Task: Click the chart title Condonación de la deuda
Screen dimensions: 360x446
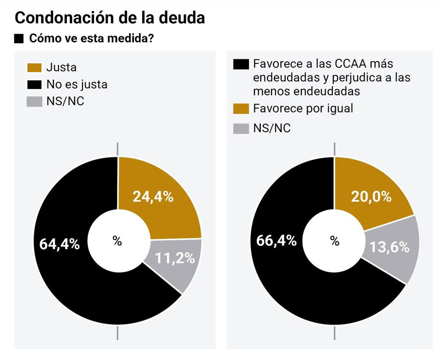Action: pyautogui.click(x=110, y=18)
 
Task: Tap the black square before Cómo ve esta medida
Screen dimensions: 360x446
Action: pyautogui.click(x=19, y=39)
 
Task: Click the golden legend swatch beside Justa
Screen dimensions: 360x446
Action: pyautogui.click(x=34, y=67)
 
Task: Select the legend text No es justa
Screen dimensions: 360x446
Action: pyautogui.click(x=77, y=84)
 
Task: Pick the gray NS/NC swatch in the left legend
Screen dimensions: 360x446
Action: pyautogui.click(x=34, y=102)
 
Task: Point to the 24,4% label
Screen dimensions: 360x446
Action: pyautogui.click(x=153, y=197)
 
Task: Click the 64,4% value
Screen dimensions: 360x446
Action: pyautogui.click(x=59, y=244)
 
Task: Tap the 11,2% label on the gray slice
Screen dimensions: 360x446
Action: pyautogui.click(x=175, y=258)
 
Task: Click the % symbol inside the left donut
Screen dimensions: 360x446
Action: pyautogui.click(x=117, y=241)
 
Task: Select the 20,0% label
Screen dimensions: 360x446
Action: pyautogui.click(x=371, y=197)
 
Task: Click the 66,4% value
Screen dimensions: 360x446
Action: pyautogui.click(x=276, y=240)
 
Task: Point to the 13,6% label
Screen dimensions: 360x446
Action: pyautogui.click(x=389, y=247)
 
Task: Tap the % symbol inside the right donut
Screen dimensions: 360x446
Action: pyautogui.click(x=334, y=241)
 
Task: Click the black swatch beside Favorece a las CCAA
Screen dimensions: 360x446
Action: pyautogui.click(x=241, y=64)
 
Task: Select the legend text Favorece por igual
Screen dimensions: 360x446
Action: pyautogui.click(x=303, y=108)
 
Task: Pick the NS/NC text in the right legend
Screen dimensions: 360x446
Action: pyautogui.click(x=272, y=128)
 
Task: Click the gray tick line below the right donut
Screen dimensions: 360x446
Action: pyautogui.click(x=334, y=333)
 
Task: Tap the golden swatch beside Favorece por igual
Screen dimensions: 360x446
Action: pyautogui.click(x=241, y=109)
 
